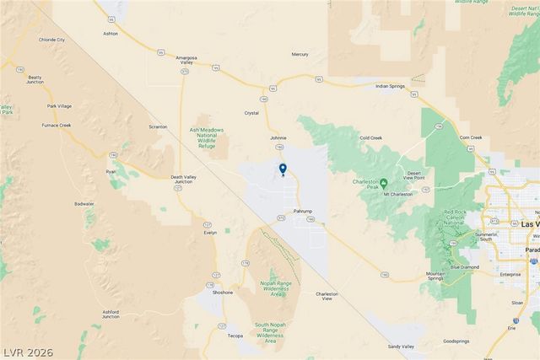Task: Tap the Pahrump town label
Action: (303, 210)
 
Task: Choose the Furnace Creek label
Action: (57, 125)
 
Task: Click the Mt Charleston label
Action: (398, 194)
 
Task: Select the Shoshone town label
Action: (222, 292)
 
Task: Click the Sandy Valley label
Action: (401, 347)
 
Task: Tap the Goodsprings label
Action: (456, 341)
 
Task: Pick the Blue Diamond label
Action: (464, 267)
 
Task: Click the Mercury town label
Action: (300, 54)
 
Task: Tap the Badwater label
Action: (84, 203)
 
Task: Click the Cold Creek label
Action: (370, 137)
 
